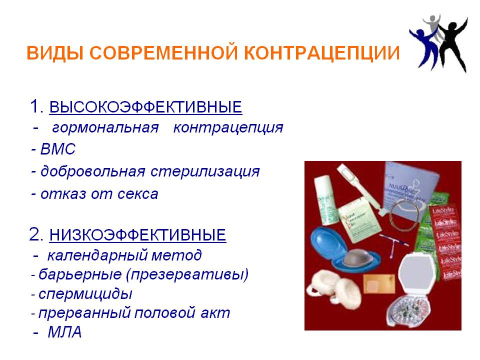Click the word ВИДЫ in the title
[55, 53]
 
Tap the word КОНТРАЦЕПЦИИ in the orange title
[322, 53]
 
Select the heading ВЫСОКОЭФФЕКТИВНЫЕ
[145, 107]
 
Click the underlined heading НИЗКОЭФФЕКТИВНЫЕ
[138, 235]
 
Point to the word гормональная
[105, 128]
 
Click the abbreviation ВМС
[58, 149]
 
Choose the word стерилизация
[205, 171]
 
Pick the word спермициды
[85, 294]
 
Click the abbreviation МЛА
[64, 332]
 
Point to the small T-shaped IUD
[393, 245]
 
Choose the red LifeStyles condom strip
[446, 242]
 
